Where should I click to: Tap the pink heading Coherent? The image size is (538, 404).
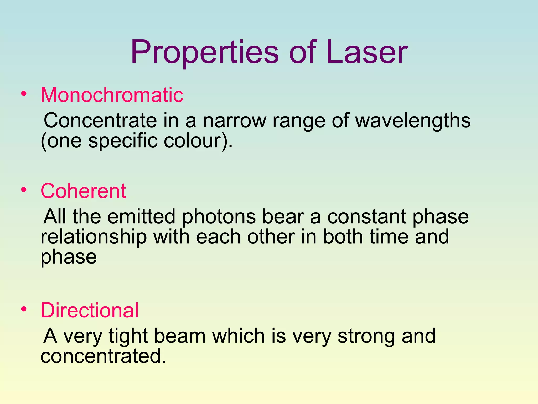click(83, 191)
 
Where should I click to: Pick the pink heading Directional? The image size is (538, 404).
click(90, 310)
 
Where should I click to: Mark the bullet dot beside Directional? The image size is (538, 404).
click(24, 309)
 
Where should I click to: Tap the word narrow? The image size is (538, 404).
click(234, 120)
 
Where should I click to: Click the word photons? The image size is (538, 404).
click(219, 217)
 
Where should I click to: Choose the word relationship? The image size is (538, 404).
click(94, 237)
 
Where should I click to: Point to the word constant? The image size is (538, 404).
click(367, 217)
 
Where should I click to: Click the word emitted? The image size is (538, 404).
click(141, 217)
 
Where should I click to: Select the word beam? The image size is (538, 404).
click(180, 336)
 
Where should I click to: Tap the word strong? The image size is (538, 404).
click(366, 336)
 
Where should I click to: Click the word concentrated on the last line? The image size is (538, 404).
click(104, 356)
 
